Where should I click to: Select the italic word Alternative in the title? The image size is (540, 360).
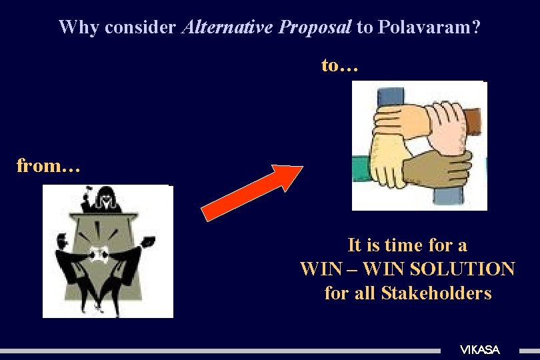[228, 27]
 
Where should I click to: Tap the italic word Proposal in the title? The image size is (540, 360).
[315, 27]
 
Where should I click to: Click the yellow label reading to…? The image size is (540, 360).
[340, 65]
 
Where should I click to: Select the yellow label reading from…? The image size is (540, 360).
[48, 165]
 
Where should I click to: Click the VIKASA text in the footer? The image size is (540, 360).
[479, 350]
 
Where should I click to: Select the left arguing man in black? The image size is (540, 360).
[73, 263]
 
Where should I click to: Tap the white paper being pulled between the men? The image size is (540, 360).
[101, 253]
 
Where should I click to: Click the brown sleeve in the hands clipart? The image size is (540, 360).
[473, 120]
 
